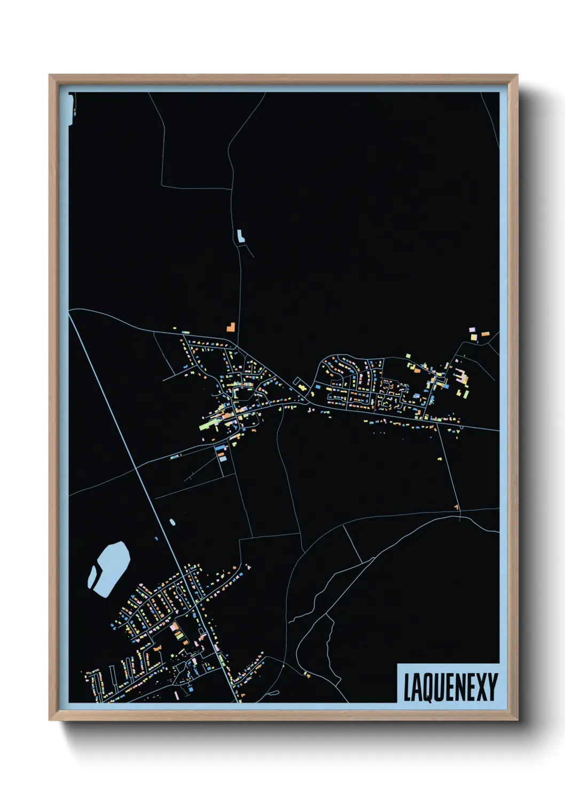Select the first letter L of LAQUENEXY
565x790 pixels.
(x=407, y=688)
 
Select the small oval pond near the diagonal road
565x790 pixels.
(x=172, y=522)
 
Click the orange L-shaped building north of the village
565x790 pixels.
(x=231, y=327)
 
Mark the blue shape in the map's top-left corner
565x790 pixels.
(x=71, y=109)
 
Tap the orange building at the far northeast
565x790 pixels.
(x=485, y=334)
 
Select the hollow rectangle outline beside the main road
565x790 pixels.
(x=297, y=381)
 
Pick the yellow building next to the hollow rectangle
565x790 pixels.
(x=302, y=386)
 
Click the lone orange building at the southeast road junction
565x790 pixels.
(x=457, y=507)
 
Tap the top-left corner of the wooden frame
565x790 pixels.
(x=51, y=76)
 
